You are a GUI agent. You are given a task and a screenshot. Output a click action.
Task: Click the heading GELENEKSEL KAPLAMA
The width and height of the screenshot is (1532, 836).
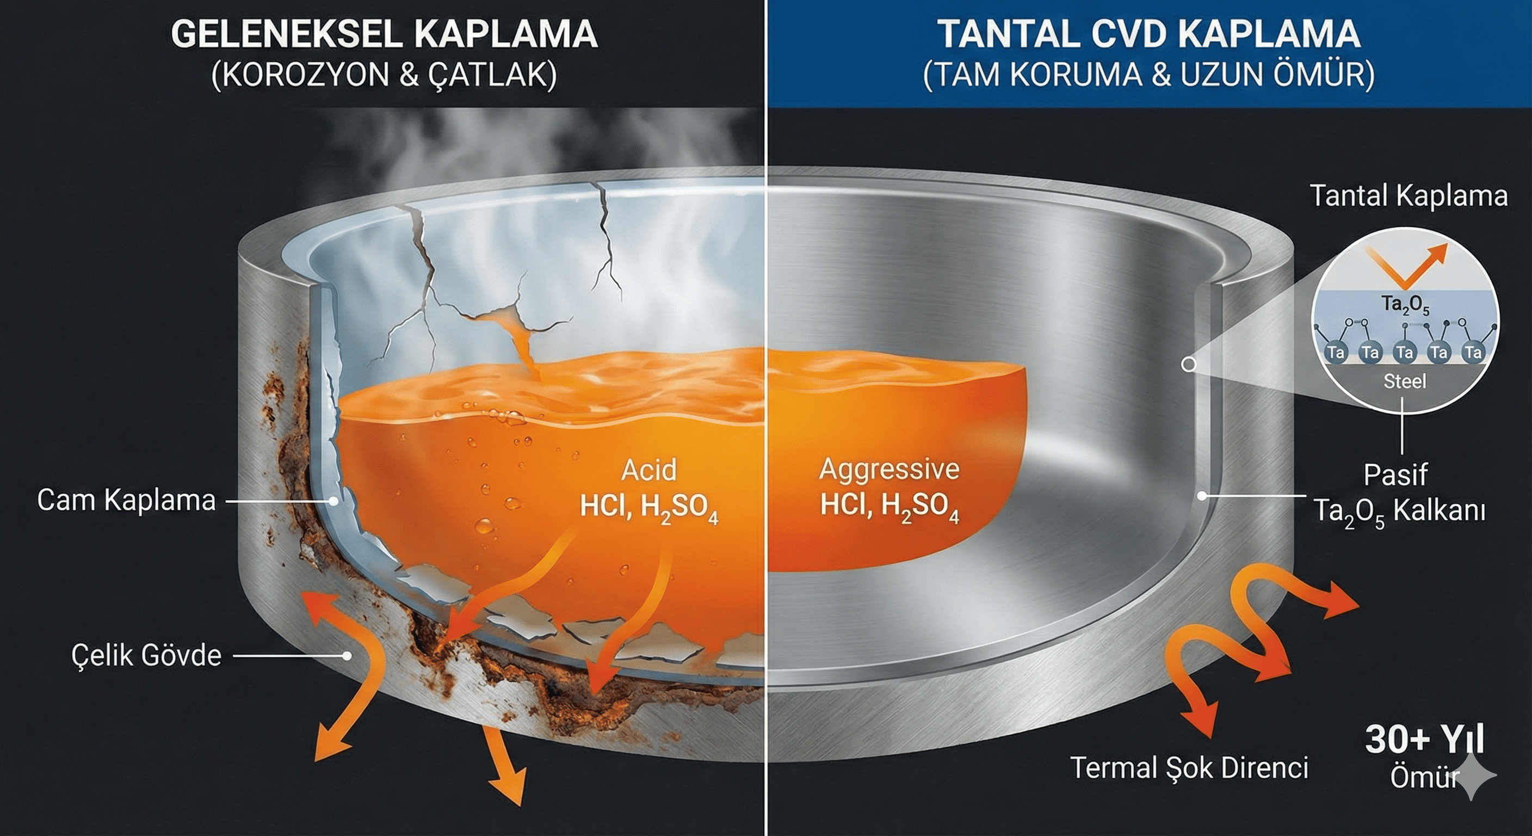[x=384, y=34]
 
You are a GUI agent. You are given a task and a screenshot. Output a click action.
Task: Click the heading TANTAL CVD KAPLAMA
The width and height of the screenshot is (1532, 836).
[x=1149, y=34]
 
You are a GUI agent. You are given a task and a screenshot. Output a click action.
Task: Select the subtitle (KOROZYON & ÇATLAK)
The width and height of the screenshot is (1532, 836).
[x=384, y=76]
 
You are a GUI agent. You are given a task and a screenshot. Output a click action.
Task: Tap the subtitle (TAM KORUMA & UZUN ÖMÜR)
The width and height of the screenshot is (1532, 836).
[x=1149, y=76]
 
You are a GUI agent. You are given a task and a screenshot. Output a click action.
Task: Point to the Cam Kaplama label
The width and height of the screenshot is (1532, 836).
[x=126, y=500]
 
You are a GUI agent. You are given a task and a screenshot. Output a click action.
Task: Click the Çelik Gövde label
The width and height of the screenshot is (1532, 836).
[x=146, y=656]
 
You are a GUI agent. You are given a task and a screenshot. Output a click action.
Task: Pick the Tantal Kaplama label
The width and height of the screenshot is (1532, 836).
[x=1409, y=196]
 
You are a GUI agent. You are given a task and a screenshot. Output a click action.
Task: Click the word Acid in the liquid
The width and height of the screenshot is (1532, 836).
[x=649, y=471]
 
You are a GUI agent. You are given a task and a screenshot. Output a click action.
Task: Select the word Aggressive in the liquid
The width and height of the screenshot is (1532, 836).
[x=889, y=470]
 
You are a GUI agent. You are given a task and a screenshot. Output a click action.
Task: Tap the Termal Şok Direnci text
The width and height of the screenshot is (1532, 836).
[x=1189, y=768]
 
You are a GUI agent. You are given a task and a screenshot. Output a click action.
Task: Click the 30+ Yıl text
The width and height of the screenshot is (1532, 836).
[x=1424, y=740]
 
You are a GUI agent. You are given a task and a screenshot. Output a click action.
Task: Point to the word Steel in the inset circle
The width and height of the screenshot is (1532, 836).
[x=1405, y=382]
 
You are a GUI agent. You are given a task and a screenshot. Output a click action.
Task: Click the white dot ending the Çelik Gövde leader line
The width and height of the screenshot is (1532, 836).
[x=347, y=656]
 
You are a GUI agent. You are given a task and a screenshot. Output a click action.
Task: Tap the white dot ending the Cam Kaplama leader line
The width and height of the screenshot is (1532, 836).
[x=334, y=502]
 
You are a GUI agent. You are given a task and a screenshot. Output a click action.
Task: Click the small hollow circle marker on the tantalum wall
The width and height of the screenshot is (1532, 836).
[x=1188, y=364]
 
